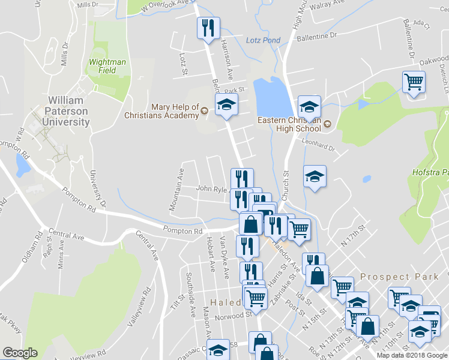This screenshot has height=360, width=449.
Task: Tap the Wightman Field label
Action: click(x=107, y=65)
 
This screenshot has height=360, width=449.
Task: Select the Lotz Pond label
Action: click(x=263, y=40)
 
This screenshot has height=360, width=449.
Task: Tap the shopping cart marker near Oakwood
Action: click(x=414, y=82)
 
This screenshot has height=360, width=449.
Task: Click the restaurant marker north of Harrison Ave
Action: click(x=208, y=28)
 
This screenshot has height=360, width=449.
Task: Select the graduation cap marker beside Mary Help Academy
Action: click(x=226, y=106)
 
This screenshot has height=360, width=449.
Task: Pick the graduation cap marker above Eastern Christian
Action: click(x=310, y=107)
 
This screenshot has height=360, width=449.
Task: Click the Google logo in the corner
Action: click(x=20, y=353)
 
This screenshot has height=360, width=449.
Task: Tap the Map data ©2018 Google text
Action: click(x=411, y=355)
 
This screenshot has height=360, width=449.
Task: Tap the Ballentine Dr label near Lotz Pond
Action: click(x=317, y=36)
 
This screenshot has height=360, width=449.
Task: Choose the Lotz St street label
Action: click(x=183, y=64)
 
